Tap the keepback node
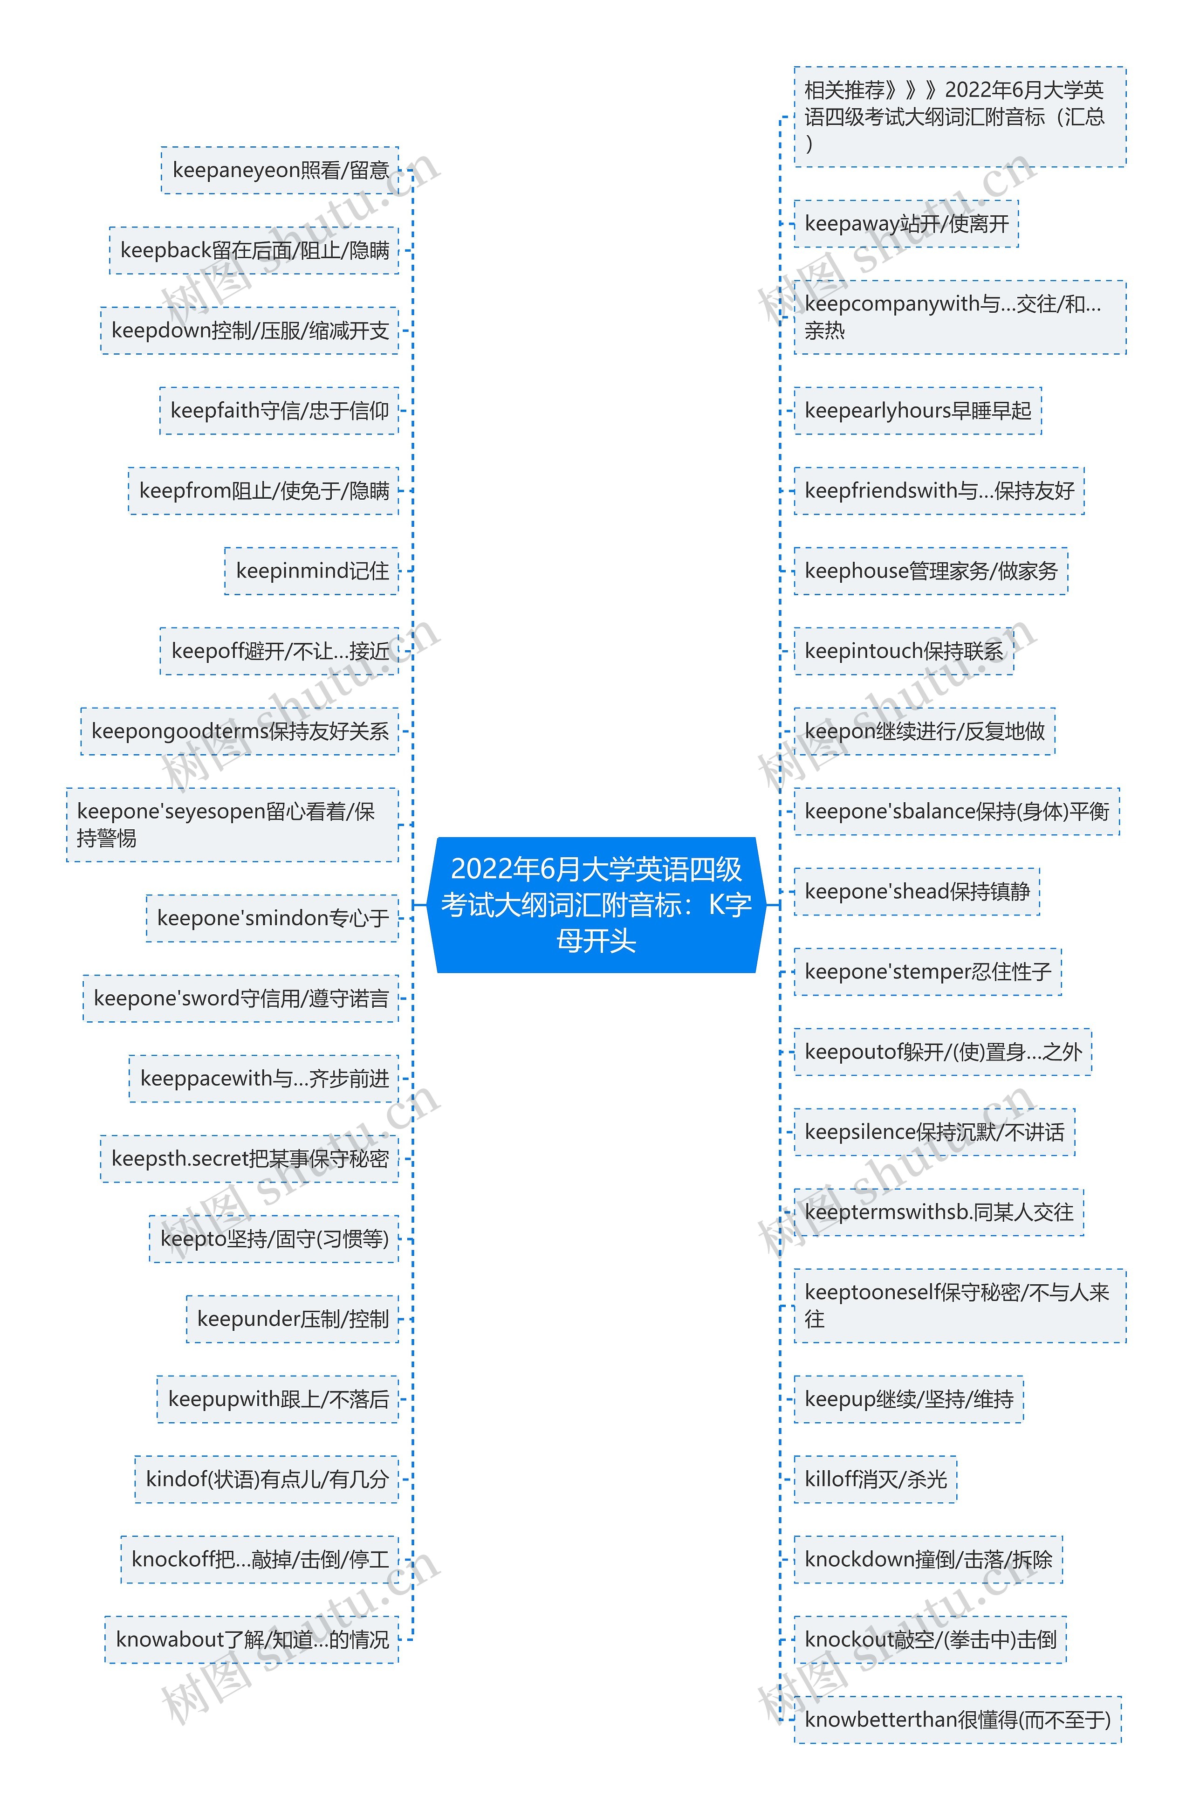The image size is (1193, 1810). pos(254,250)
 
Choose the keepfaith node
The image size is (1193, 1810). pos(279,411)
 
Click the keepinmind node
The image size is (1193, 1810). pos(312,571)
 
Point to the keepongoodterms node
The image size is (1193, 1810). pos(240,731)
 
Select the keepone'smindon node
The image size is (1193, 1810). pos(272,918)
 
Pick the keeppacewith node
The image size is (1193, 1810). pos(264,1078)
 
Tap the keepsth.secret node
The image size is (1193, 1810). pos(250,1159)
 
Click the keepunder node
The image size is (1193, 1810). pos(293,1319)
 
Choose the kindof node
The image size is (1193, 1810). pos(267,1479)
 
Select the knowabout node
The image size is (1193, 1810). pos(252,1639)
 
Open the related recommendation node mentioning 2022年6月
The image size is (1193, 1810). pos(960,117)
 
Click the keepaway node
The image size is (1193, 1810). pos(906,224)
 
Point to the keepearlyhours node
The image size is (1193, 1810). pos(918,411)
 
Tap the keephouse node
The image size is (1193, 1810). pos(931,571)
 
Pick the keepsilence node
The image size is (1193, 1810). pos(934,1132)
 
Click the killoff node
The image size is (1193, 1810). pos(875,1479)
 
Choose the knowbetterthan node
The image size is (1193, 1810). pos(957,1720)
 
